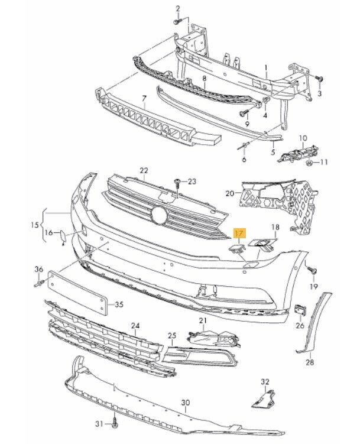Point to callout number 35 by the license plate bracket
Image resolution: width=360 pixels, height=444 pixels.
[x=119, y=305]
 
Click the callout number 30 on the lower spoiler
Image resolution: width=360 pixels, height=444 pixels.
[x=186, y=403]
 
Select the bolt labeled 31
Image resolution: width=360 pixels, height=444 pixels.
[x=115, y=424]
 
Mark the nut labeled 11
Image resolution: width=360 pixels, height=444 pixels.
[x=309, y=161]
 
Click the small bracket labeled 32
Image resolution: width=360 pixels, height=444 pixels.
[x=261, y=397]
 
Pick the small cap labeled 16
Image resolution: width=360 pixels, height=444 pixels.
[x=62, y=238]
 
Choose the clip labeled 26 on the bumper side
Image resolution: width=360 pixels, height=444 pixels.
[x=300, y=310]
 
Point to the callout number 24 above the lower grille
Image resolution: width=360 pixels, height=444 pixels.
[x=135, y=326]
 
